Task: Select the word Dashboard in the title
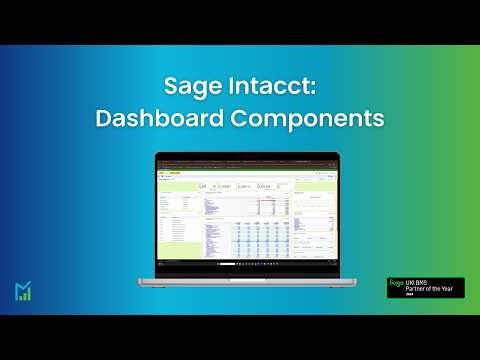click(155, 117)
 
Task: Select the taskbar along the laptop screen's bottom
click(240, 264)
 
